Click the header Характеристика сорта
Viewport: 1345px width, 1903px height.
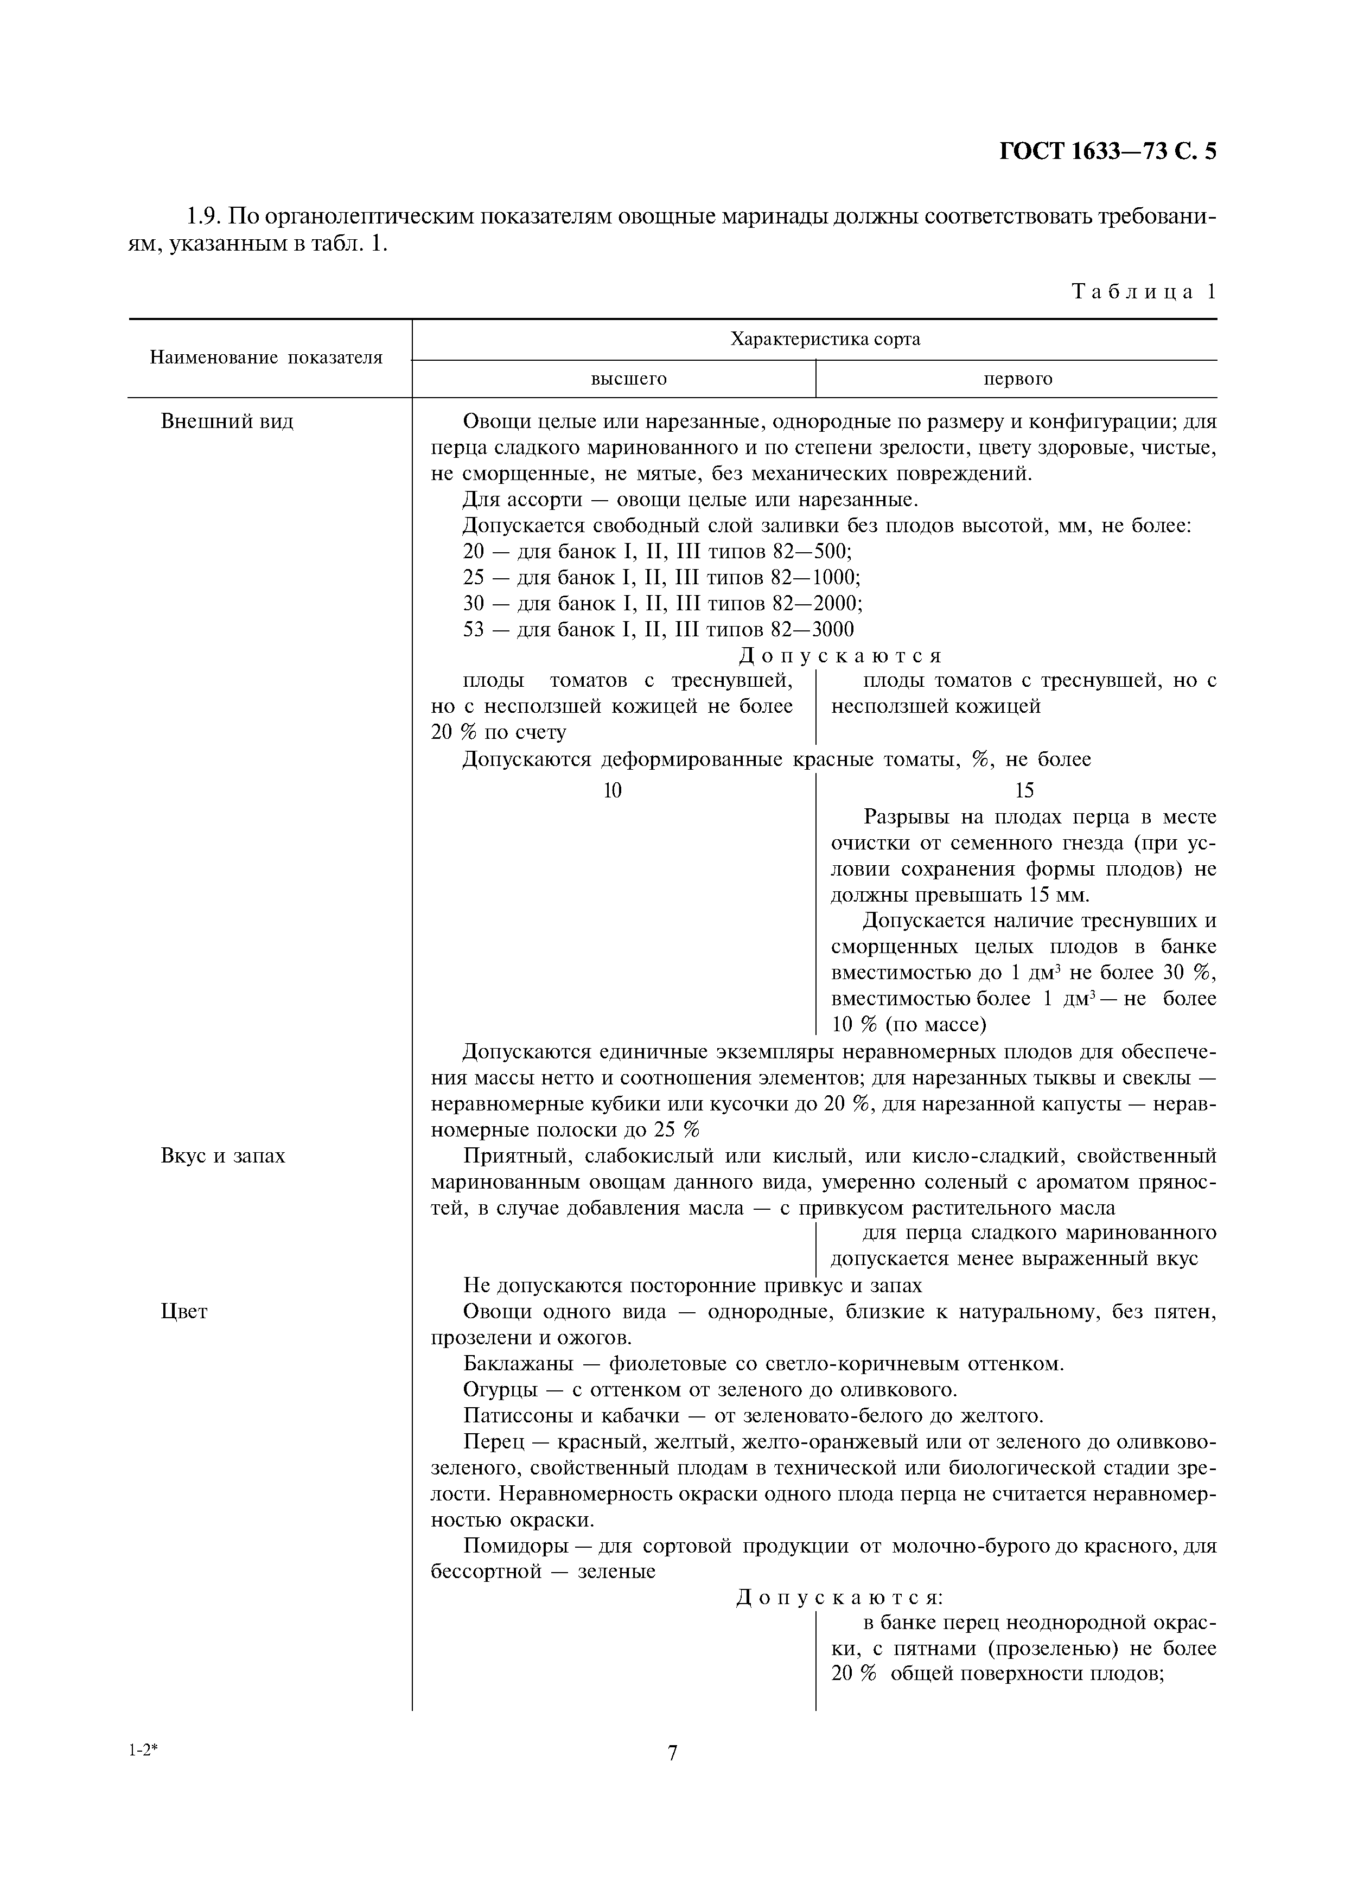click(x=825, y=339)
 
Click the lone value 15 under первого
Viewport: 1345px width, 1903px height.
click(x=1024, y=791)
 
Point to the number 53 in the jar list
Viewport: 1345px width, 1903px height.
click(x=473, y=629)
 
